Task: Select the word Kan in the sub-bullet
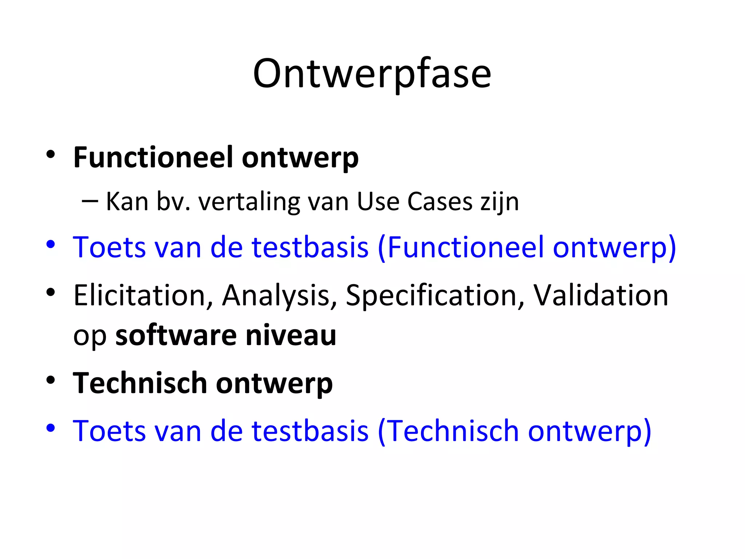(x=127, y=202)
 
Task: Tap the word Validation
(x=601, y=295)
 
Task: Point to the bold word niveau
(x=291, y=335)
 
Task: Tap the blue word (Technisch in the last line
(x=448, y=431)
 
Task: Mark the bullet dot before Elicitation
(x=51, y=292)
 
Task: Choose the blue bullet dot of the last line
(x=51, y=428)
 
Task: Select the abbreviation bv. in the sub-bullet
(x=173, y=202)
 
